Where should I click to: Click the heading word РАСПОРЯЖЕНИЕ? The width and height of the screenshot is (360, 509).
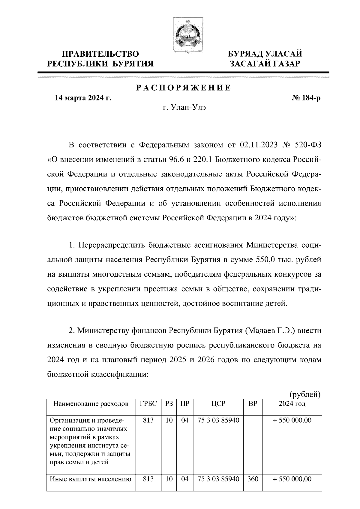[x=184, y=88]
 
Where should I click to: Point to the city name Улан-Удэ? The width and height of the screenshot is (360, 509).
[x=189, y=107]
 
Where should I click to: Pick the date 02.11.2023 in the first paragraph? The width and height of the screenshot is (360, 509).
[x=259, y=145]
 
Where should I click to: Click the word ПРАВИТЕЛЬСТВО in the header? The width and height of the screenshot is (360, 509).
[x=100, y=54]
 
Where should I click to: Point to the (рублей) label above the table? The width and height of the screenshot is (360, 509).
[x=305, y=394]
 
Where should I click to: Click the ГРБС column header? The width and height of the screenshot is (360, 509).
[x=148, y=404]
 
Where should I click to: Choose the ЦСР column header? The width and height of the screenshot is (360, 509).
[x=218, y=404]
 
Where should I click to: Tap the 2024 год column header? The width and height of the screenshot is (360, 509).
[x=292, y=404]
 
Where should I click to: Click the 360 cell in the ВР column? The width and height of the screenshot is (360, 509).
[x=253, y=479]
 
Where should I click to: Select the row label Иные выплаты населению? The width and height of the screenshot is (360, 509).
[x=90, y=479]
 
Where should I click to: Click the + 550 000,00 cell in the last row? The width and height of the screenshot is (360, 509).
[x=292, y=479]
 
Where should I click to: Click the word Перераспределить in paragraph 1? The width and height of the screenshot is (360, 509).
[x=111, y=245]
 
